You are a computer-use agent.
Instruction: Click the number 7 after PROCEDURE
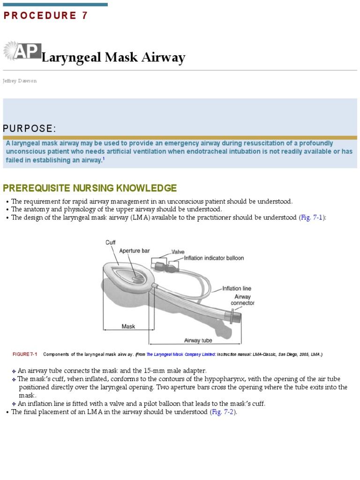85,15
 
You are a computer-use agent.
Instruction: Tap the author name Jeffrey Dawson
19,81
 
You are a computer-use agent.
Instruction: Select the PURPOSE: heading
30,128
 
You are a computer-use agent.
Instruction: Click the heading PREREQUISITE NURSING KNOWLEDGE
90,188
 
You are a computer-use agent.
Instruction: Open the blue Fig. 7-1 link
312,217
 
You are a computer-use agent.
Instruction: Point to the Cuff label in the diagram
110,242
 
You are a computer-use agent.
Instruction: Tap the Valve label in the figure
178,252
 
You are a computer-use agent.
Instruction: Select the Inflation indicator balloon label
214,258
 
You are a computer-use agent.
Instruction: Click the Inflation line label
238,289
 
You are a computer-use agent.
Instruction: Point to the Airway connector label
242,300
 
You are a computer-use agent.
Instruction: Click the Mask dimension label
128,326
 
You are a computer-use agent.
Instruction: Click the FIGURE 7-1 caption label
25,354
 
